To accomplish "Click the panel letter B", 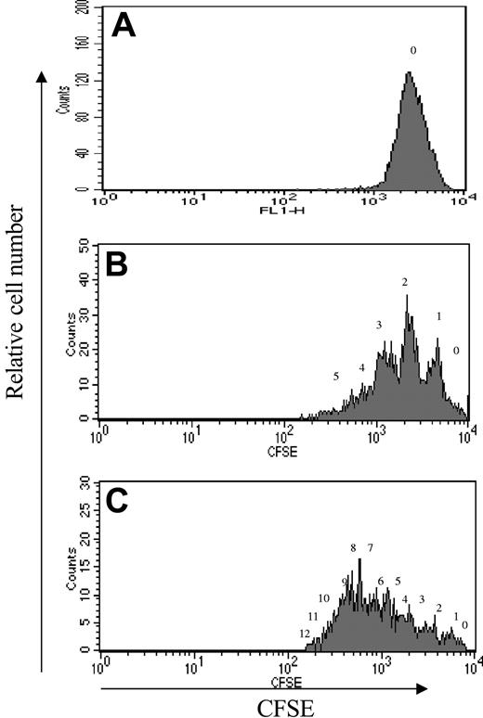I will tap(124, 265).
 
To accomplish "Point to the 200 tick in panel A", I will tap(86, 7).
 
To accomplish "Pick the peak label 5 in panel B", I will tap(335, 377).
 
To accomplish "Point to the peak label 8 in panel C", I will tap(353, 548).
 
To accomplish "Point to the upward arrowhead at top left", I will tap(40, 79).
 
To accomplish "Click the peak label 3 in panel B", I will tap(379, 326).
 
